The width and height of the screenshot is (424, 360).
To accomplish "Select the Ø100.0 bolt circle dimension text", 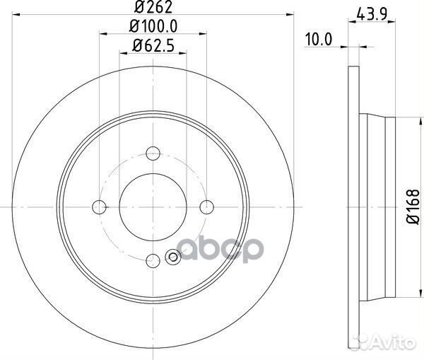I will [x=153, y=28].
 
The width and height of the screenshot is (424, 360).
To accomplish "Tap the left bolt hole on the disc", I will [x=100, y=206].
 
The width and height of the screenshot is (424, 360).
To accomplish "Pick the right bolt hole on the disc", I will [x=206, y=206].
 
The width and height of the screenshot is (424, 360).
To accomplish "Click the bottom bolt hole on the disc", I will [x=153, y=259].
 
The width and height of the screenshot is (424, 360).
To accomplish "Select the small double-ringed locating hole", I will [x=172, y=257].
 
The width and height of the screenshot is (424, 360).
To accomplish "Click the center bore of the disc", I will [x=153, y=206].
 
